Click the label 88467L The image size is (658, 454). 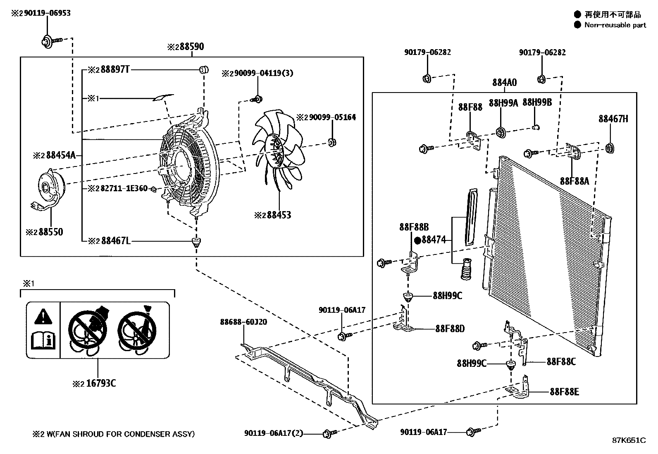(116, 241)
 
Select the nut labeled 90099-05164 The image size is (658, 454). (331, 143)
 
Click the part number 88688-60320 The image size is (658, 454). (243, 322)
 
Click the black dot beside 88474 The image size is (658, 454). (417, 240)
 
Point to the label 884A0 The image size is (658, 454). (504, 83)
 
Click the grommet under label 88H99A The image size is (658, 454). (501, 133)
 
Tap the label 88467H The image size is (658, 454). (613, 119)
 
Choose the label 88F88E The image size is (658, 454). (564, 392)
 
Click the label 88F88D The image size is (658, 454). (450, 329)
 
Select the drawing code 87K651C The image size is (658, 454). (629, 440)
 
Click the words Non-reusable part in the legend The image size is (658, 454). (615, 25)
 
